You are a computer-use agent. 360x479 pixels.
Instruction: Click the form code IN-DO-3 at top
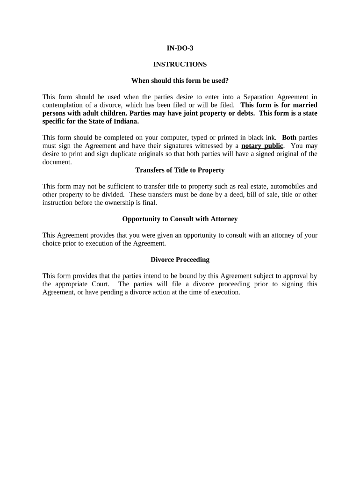coord(180,48)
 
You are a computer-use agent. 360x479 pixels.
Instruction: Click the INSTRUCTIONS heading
coord(180,64)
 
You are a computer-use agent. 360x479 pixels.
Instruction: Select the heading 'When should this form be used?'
coord(180,80)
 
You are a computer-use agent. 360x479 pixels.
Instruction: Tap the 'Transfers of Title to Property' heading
coord(180,170)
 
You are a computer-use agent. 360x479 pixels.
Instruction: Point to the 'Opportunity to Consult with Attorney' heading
coord(180,218)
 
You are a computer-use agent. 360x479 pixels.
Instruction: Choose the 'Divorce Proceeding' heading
coord(180,259)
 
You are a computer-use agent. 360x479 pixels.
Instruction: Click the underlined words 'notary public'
coord(262,145)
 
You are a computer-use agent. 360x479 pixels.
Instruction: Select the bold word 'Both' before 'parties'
coord(289,138)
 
